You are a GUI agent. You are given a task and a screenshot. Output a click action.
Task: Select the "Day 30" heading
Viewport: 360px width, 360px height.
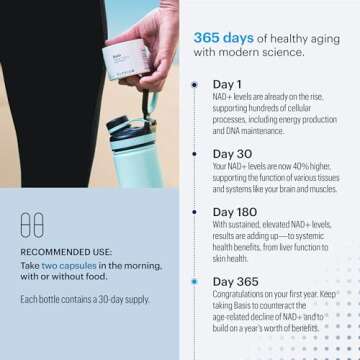[233, 154]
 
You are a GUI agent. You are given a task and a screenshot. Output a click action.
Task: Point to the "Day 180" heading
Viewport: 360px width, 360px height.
[237, 213]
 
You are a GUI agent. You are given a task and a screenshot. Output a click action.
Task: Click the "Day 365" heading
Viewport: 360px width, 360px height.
[237, 282]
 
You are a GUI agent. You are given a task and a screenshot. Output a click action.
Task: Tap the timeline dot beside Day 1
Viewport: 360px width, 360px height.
[193, 85]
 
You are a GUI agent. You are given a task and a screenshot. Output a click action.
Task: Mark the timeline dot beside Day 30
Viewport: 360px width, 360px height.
[193, 154]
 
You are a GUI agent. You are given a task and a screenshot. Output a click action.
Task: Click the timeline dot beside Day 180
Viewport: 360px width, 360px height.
[193, 213]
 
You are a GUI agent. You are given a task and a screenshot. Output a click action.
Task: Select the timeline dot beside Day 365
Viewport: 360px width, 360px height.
[193, 282]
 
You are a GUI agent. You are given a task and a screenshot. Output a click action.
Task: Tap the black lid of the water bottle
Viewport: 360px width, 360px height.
[142, 103]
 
